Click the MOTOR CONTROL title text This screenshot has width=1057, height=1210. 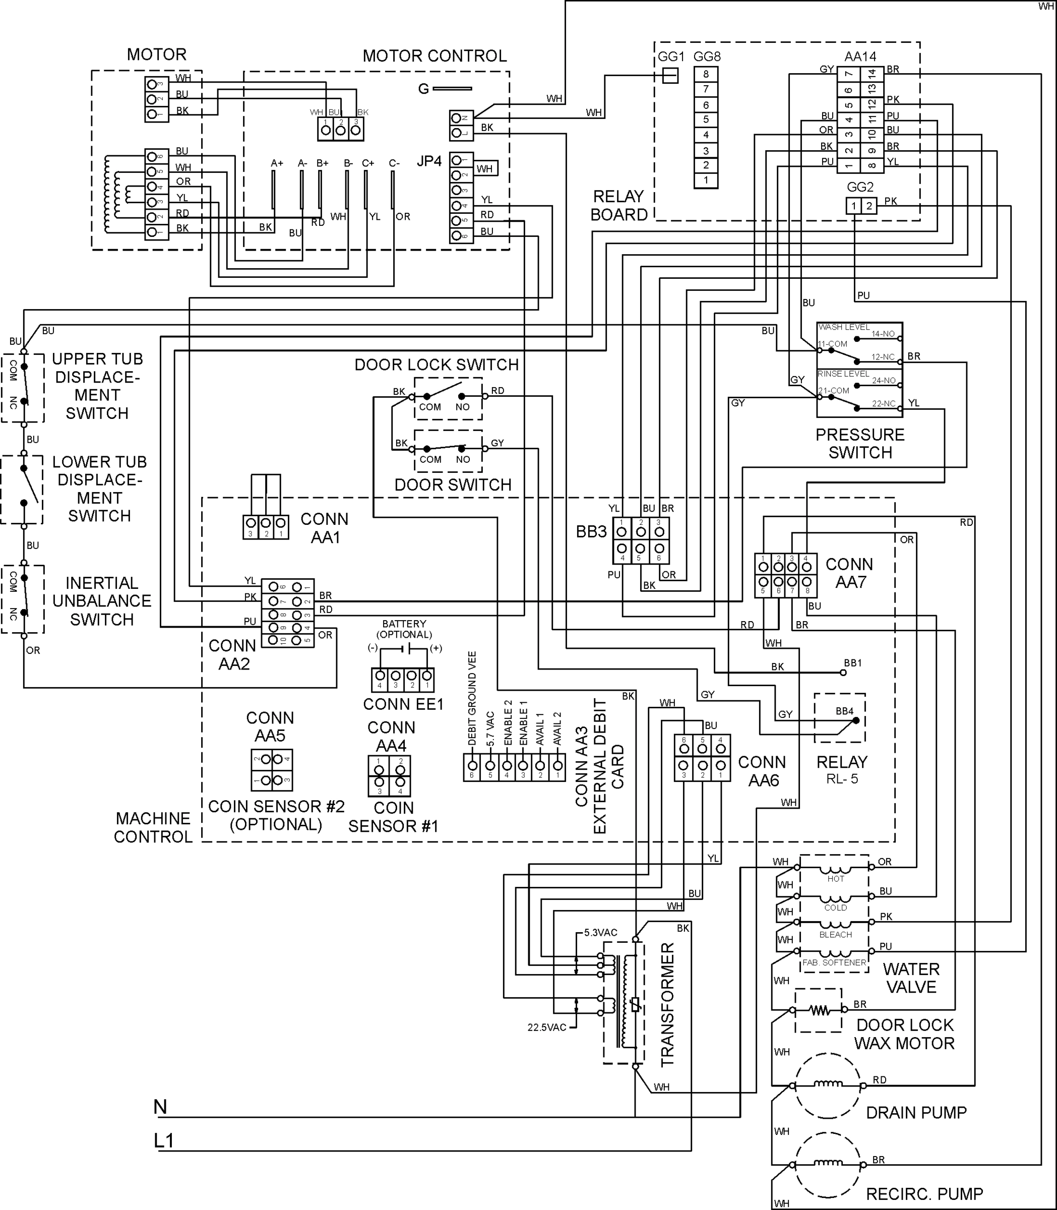point(434,56)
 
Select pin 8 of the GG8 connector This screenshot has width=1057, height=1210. point(706,74)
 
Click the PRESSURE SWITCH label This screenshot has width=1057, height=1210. point(859,444)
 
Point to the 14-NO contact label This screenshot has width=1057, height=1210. point(883,334)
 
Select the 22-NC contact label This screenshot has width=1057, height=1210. point(884,403)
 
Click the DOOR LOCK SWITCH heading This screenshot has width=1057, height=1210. point(437,365)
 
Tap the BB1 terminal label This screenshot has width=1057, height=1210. point(853,663)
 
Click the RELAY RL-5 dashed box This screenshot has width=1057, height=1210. point(839,717)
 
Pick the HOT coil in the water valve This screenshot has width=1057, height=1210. point(835,871)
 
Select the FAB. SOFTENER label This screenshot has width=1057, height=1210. point(834,963)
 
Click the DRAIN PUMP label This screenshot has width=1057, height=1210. point(916,1113)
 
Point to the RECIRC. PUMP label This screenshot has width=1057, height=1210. point(924,1194)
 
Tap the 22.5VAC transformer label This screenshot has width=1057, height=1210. point(547,1027)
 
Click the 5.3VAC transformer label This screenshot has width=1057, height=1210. point(600,933)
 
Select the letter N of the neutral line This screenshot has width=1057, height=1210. point(160,1107)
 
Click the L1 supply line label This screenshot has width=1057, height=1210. point(164,1141)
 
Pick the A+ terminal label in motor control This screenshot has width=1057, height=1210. point(277,163)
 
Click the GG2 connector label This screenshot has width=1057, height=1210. point(860,187)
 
